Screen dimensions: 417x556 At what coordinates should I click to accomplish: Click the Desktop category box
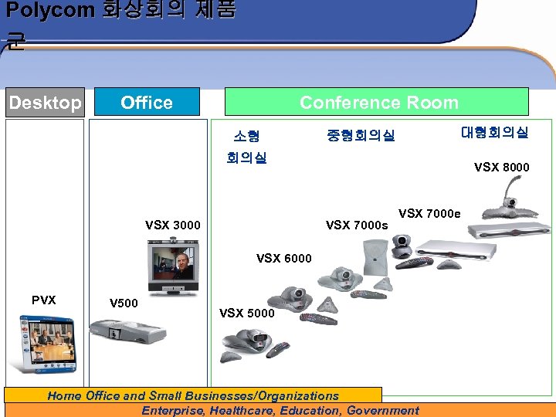(x=45, y=102)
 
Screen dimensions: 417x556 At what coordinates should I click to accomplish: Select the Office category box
(x=147, y=102)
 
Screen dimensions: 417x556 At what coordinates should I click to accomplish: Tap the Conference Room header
(x=378, y=102)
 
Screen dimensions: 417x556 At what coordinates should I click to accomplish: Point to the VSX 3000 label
(x=173, y=225)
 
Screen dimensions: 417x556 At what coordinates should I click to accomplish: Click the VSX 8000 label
(x=502, y=167)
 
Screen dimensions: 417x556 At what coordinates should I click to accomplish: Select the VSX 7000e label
(x=429, y=213)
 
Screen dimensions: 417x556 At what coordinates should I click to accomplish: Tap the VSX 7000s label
(x=357, y=225)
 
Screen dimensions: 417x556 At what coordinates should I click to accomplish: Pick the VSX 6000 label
(x=284, y=258)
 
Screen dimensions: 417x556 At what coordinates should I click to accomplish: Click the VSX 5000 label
(x=247, y=313)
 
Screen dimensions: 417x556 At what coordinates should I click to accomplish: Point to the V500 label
(x=124, y=302)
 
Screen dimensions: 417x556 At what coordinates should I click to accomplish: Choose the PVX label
(x=43, y=300)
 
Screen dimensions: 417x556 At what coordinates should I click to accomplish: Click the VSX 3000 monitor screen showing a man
(x=173, y=262)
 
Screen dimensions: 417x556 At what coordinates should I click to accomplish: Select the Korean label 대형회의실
(x=494, y=133)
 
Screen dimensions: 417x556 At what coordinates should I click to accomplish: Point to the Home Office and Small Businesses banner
(x=193, y=395)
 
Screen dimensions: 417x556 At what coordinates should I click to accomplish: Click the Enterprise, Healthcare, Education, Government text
(x=280, y=410)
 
